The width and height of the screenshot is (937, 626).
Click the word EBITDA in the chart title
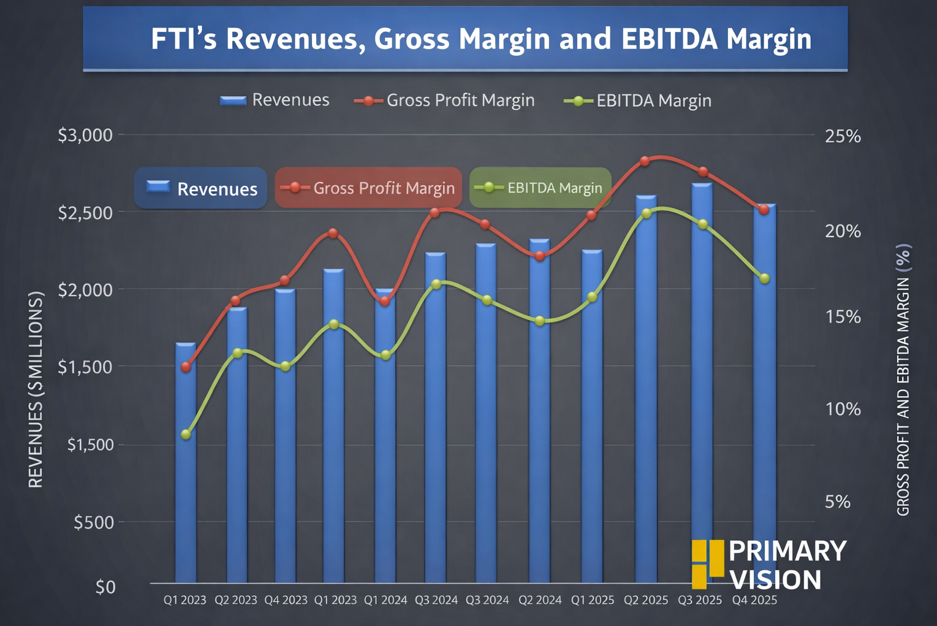tap(669, 39)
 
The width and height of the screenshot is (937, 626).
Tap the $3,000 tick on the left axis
tap(86, 135)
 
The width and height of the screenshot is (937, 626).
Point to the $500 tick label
tap(94, 522)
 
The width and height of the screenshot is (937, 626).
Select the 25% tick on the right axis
tap(843, 136)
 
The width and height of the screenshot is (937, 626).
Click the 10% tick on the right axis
tap(843, 409)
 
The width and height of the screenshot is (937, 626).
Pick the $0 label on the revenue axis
tap(105, 587)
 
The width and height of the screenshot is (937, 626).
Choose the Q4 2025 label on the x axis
tap(754, 600)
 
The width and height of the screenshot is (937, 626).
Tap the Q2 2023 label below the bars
tap(236, 600)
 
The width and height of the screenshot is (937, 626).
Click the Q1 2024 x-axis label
tap(385, 600)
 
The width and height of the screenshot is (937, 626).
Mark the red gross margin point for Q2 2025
tap(645, 161)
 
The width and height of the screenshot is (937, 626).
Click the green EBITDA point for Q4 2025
tap(764, 278)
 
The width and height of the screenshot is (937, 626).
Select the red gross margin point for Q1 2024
tap(385, 301)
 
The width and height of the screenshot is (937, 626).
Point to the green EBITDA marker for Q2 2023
tap(238, 353)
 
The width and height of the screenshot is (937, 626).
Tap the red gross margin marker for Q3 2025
tap(703, 172)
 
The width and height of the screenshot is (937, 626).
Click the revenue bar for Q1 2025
tap(592, 417)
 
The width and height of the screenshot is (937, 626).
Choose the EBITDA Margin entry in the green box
tap(541, 188)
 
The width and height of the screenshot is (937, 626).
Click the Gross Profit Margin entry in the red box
tap(368, 188)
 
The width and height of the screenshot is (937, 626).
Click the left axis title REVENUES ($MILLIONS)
tap(36, 390)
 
